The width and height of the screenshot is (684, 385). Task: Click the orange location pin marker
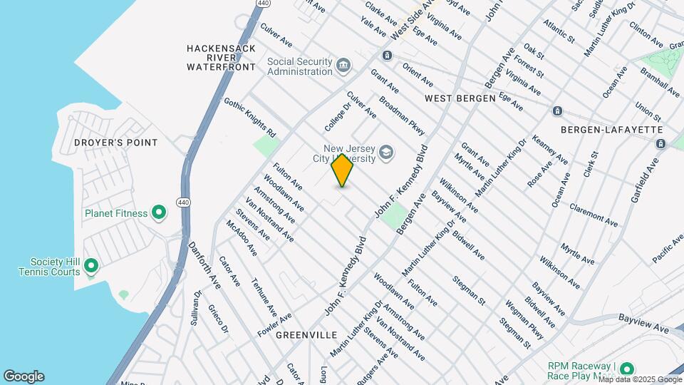343,170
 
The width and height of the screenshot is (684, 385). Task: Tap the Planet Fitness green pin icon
159,212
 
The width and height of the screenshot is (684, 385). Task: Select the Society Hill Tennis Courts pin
91,267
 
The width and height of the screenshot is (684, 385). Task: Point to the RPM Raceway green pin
627,369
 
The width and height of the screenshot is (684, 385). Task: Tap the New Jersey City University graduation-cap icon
385,152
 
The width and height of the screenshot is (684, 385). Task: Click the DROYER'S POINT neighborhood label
115,143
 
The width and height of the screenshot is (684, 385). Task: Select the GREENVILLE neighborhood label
306,334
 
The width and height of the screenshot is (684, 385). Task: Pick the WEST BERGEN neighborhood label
460,97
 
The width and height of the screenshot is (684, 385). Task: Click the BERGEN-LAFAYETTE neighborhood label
612,130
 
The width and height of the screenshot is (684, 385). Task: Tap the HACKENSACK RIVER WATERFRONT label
221,58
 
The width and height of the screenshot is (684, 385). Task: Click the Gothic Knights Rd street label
249,118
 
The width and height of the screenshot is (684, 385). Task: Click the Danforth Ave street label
204,265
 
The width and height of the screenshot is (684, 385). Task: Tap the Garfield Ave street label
642,183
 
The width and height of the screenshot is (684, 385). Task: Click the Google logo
24,376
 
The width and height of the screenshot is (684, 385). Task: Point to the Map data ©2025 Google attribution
639,379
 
